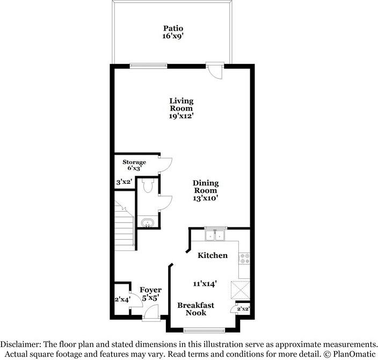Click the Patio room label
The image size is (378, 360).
point(173,28)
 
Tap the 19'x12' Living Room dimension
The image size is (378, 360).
point(181,116)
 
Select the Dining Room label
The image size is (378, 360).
point(206,187)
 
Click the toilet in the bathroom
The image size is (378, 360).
point(147,185)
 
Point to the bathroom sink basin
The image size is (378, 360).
point(147,222)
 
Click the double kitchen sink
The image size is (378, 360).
point(215,235)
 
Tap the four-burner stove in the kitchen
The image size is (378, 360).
point(244,258)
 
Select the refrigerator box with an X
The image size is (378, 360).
point(240,290)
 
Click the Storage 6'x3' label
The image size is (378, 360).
point(134,165)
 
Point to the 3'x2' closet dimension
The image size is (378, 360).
point(123,182)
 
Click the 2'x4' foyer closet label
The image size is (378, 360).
point(123,299)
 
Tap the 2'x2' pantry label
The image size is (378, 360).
point(243,308)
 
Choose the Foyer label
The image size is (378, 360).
point(151,290)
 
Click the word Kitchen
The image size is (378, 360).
point(213,255)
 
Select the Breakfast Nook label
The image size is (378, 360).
point(196,309)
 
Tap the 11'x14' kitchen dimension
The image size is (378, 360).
point(205,284)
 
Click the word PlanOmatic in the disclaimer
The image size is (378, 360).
point(354,354)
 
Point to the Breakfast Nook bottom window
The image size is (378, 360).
point(204,330)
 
